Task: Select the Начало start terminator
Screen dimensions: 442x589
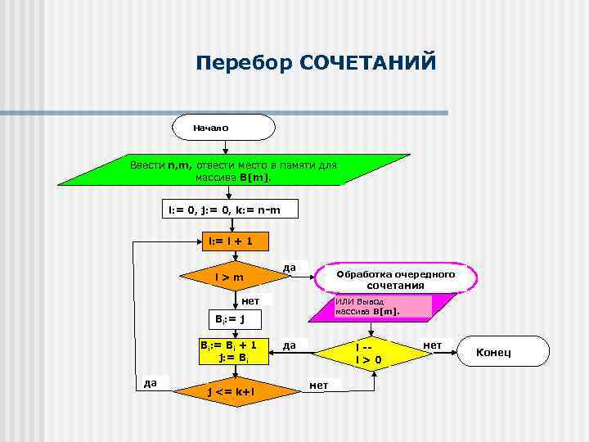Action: click(x=223, y=129)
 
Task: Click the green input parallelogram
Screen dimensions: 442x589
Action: click(x=233, y=170)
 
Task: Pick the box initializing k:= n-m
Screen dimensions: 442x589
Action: click(x=223, y=210)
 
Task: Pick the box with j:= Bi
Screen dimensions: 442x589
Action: click(x=234, y=350)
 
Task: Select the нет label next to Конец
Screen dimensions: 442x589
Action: click(x=431, y=345)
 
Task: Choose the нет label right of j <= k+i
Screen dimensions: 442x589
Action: click(x=319, y=385)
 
